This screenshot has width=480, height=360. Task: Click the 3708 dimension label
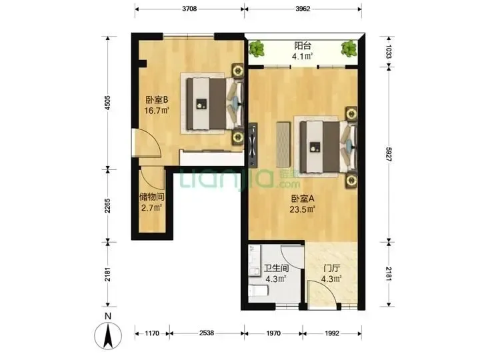189,9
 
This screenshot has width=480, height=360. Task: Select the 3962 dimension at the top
303,9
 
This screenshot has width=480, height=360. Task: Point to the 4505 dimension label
107,103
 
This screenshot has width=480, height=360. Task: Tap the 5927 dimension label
389,155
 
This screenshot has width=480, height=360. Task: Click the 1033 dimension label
389,51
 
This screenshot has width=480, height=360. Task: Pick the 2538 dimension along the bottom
207,333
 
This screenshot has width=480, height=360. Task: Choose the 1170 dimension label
152,333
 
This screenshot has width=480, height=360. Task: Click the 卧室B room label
157,100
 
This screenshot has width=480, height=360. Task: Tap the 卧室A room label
303,199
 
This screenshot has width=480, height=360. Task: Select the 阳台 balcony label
303,46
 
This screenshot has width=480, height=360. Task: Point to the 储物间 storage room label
152,197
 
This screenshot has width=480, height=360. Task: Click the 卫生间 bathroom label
276,269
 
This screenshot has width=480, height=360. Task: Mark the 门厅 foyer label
332,269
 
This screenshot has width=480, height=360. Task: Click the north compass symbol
108,335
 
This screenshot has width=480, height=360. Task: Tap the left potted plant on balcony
257,49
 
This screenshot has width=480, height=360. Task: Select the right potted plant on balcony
349,49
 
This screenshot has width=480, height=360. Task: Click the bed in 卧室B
215,103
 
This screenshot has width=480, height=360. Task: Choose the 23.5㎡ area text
303,209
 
